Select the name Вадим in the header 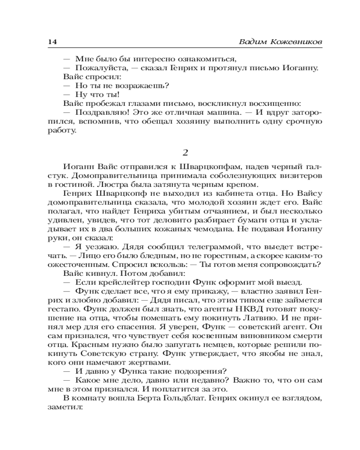tap(253, 42)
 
